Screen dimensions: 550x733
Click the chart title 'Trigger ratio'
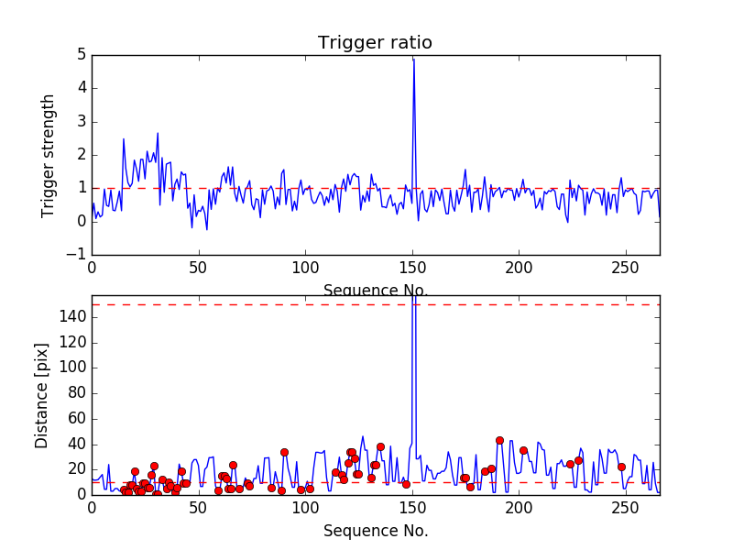click(375, 43)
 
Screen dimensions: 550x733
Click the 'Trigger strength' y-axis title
click(49, 155)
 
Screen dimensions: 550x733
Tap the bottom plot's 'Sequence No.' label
click(375, 531)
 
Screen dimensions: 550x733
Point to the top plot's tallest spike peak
click(413, 59)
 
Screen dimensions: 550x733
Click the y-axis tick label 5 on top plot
click(82, 55)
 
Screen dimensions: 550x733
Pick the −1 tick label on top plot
click(77, 254)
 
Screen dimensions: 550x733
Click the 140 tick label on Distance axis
click(73, 317)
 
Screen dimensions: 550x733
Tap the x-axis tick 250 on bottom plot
click(626, 507)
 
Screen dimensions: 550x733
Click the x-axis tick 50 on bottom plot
click(198, 507)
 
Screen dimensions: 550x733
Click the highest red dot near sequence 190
click(499, 440)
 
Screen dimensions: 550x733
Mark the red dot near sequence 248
click(621, 467)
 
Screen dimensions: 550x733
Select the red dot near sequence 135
click(380, 447)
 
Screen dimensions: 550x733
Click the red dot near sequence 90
click(284, 452)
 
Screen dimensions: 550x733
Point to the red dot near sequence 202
click(523, 450)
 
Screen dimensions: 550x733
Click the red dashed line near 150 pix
click(275, 304)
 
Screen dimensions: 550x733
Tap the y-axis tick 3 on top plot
click(82, 121)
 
